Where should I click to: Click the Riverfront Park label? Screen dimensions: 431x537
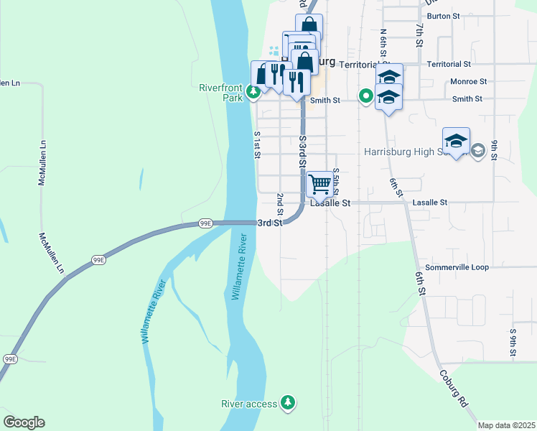pyautogui.click(x=223, y=93)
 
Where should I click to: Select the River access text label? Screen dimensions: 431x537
pyautogui.click(x=250, y=404)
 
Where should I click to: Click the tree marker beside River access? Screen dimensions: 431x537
pyautogui.click(x=288, y=402)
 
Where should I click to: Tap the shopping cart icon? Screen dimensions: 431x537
pyautogui.click(x=319, y=183)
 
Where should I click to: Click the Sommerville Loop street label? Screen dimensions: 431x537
pyautogui.click(x=457, y=267)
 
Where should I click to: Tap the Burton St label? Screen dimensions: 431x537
pyautogui.click(x=443, y=16)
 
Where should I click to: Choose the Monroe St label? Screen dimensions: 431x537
pyautogui.click(x=468, y=82)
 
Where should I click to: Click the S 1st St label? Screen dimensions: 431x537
pyautogui.click(x=256, y=144)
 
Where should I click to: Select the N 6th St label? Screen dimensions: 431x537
pyautogui.click(x=384, y=42)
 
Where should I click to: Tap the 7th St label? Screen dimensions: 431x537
pyautogui.click(x=419, y=33)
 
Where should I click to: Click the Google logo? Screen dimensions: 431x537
pyautogui.click(x=24, y=422)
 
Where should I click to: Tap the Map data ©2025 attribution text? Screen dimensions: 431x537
pyautogui.click(x=505, y=425)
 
